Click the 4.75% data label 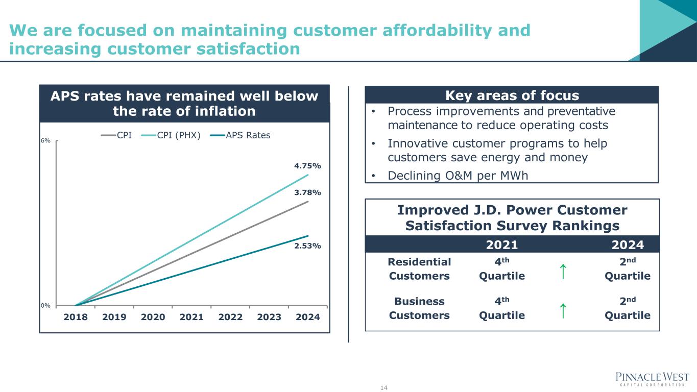click(307, 166)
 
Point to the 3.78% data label click(307, 192)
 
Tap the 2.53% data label click(307, 246)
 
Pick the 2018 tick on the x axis click(76, 317)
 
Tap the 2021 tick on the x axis click(192, 317)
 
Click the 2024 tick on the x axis click(308, 317)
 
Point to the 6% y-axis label click(45, 141)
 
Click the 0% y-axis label click(45, 306)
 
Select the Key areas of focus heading click(512, 95)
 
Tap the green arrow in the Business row click(562, 310)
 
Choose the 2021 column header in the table click(501, 245)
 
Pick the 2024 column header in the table click(628, 245)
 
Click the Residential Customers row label click(419, 269)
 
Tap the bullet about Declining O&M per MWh click(458, 176)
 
